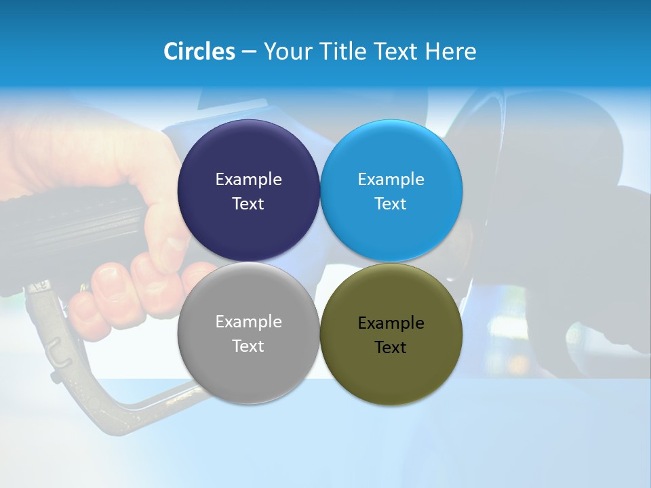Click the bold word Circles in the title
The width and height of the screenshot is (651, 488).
click(199, 52)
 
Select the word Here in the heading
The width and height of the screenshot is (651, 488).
click(452, 52)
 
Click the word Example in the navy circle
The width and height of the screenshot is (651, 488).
click(248, 180)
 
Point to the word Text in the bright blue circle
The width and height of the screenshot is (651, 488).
click(391, 204)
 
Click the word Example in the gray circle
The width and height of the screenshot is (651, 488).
click(248, 322)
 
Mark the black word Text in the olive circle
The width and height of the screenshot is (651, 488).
click(391, 348)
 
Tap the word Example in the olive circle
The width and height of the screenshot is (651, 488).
click(391, 323)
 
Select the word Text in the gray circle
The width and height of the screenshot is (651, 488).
click(248, 346)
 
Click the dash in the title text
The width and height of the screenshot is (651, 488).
click(249, 52)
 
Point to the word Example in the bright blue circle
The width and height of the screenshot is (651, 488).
click(391, 180)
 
